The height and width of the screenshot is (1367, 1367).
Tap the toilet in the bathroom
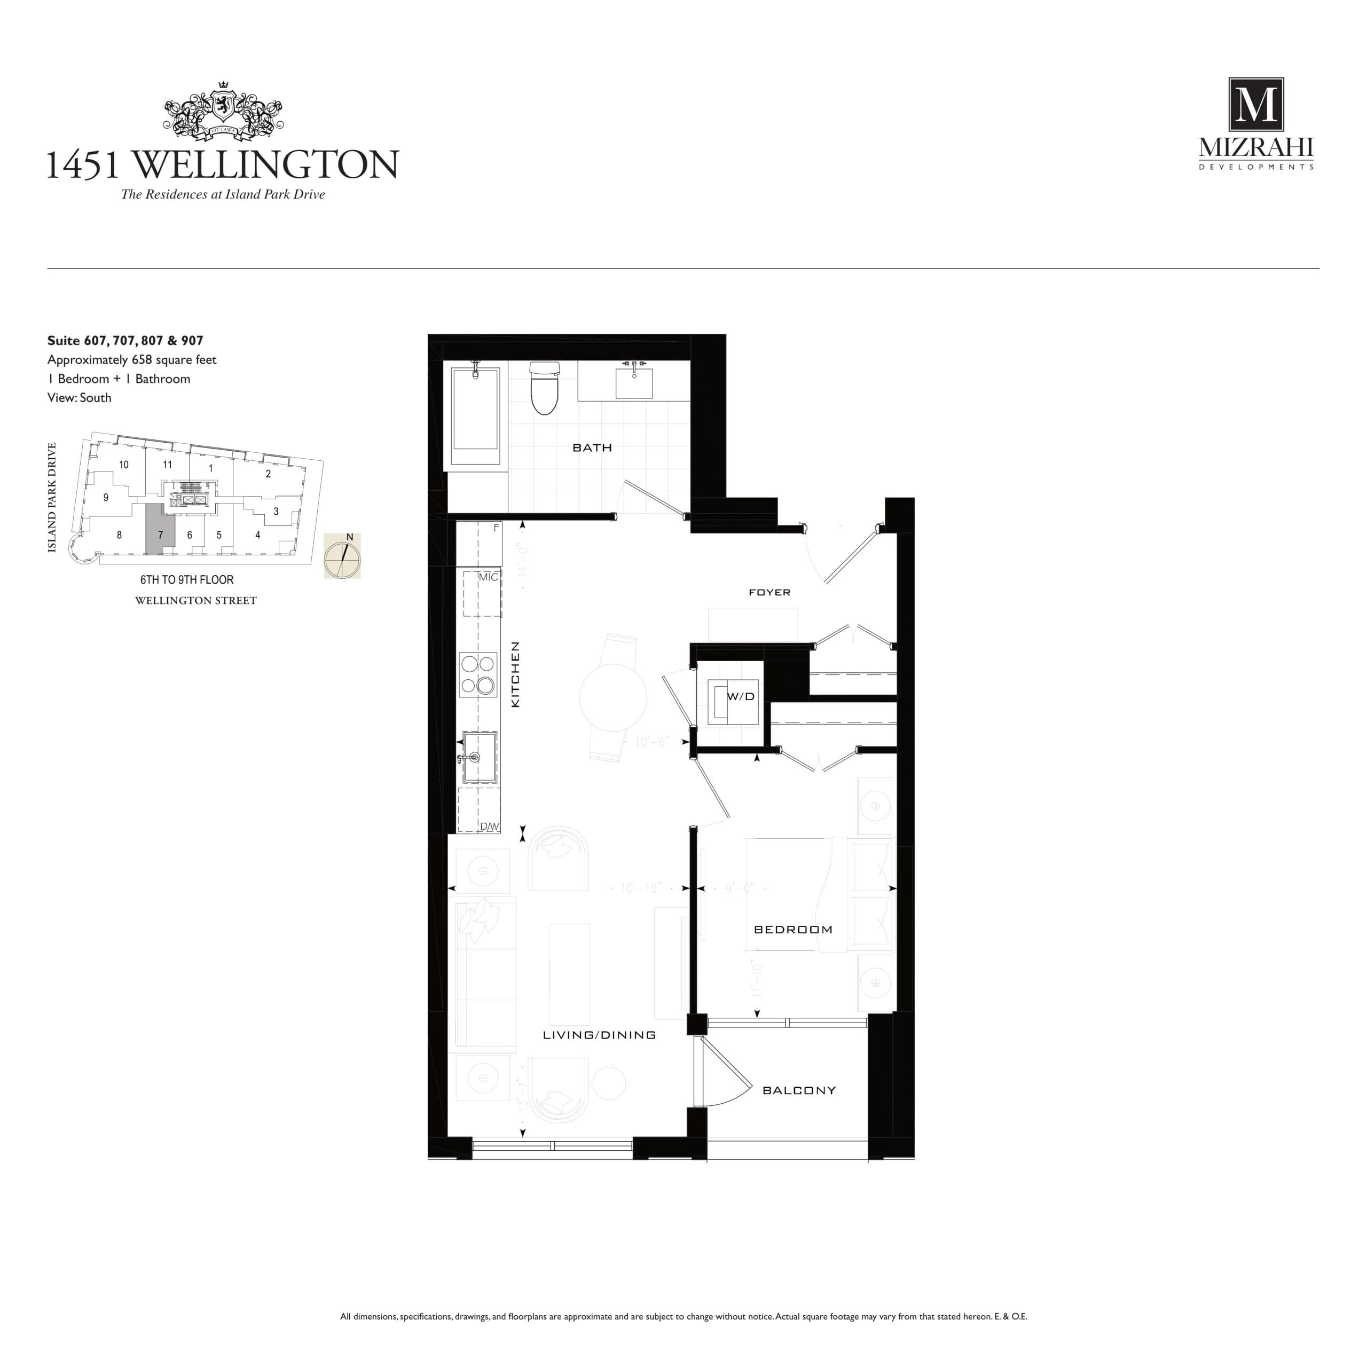tap(545, 390)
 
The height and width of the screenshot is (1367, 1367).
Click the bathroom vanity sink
tap(634, 382)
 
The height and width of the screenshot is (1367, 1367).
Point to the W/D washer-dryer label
tap(740, 697)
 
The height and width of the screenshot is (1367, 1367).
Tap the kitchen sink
tap(480, 758)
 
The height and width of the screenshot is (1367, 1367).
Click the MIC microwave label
tap(488, 577)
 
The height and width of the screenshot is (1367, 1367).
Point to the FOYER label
tap(769, 592)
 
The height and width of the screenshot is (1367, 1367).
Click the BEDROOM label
tap(793, 930)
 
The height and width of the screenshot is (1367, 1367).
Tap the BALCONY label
tap(799, 1090)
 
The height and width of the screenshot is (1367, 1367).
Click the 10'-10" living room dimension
tap(640, 888)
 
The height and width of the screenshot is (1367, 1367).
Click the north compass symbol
tap(342, 556)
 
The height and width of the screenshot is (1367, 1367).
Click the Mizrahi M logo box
tap(1255, 105)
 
